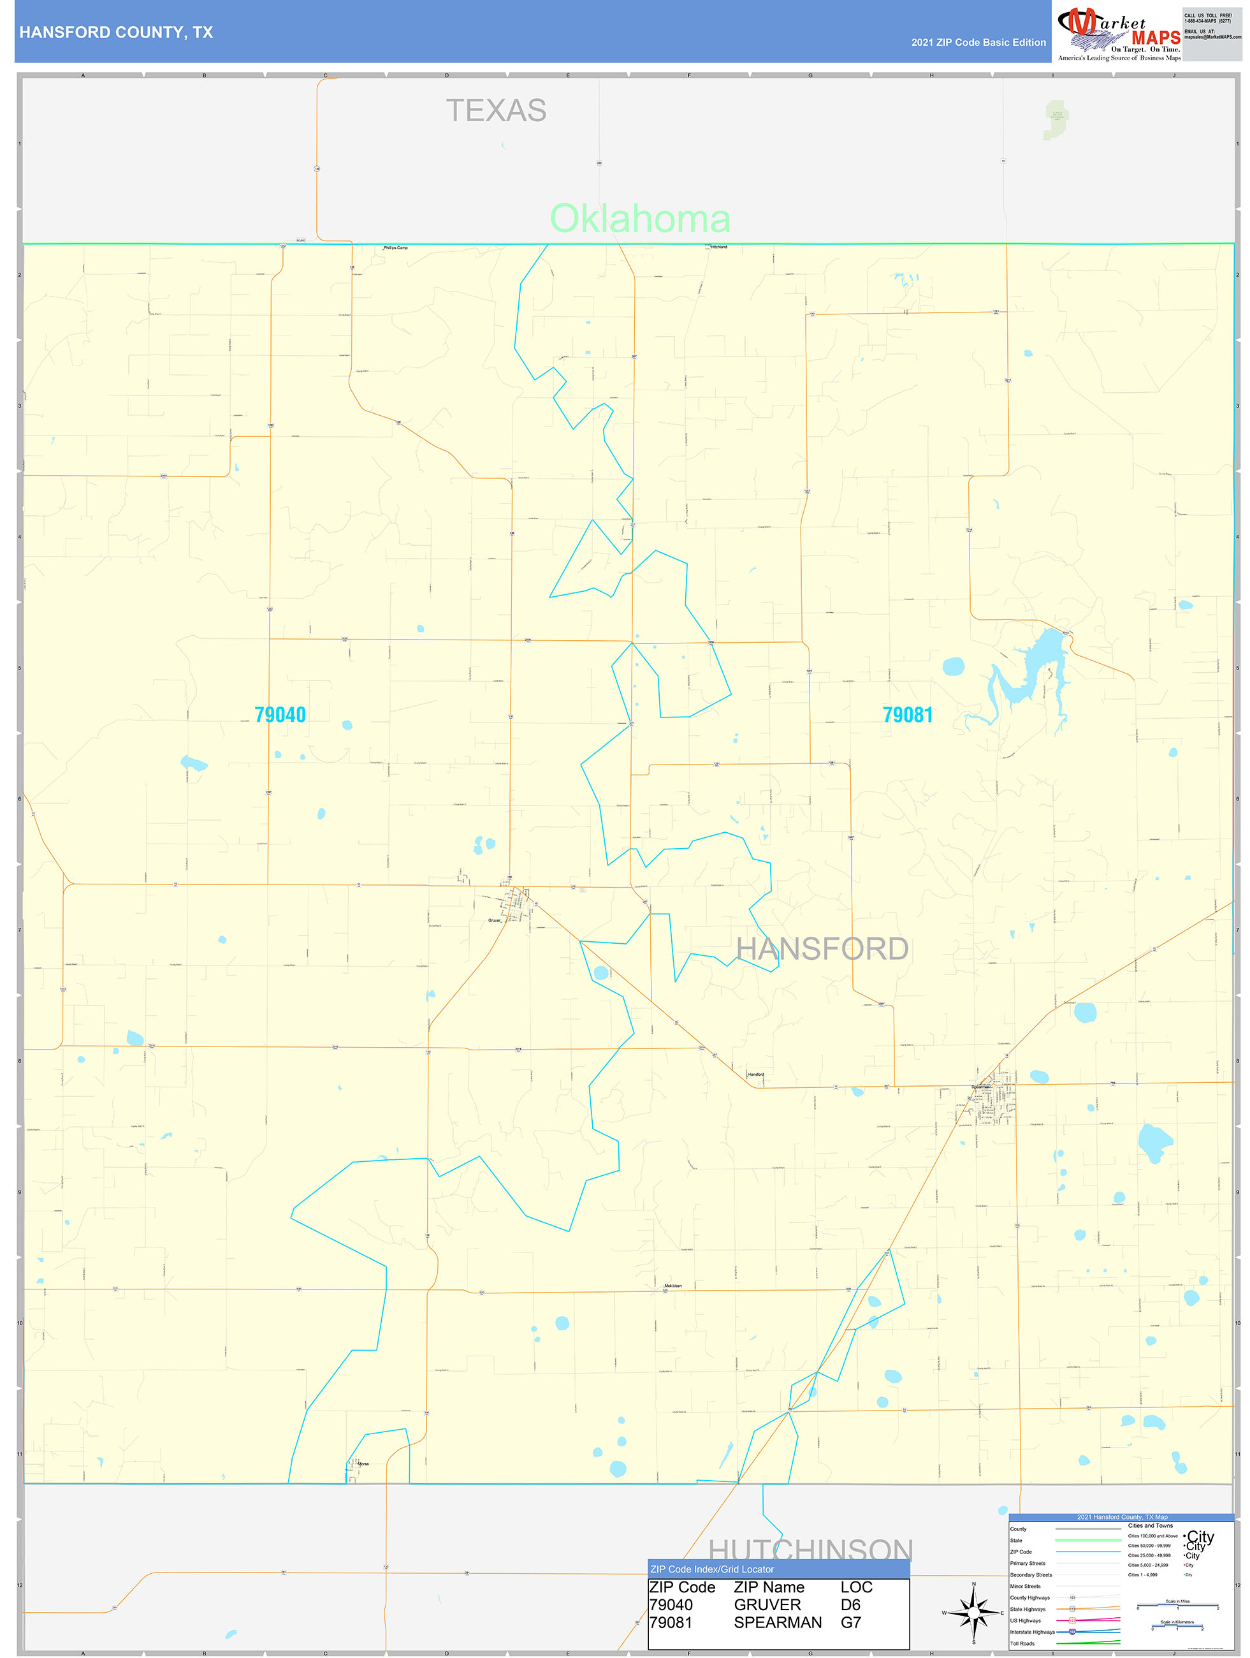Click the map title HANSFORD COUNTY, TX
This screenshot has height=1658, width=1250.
coord(116,33)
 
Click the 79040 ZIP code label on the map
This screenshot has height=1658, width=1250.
coord(280,714)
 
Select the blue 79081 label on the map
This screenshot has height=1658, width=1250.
coord(908,714)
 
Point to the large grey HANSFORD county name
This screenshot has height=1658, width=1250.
coord(822,949)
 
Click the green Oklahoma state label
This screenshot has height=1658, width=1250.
coord(640,218)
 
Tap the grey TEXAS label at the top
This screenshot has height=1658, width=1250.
coord(496,111)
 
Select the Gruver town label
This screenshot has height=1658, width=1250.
coord(494,920)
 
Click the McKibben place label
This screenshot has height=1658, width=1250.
coord(673,1286)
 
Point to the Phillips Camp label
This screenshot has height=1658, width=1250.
coord(396,247)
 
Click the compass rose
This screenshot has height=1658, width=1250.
coord(973,1611)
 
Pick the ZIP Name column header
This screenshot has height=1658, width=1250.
coord(769,1587)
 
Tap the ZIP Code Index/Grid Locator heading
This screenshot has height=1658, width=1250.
coord(712,1569)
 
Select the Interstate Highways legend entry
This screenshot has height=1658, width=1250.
coord(1032,1632)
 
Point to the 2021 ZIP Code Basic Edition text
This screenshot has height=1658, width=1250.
coord(978,43)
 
